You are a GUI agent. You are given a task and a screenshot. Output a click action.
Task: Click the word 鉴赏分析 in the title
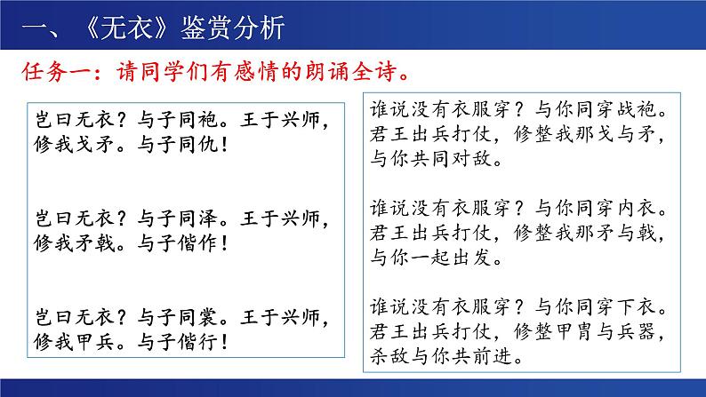pos(232,28)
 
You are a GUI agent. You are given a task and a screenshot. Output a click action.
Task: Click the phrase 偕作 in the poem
pos(198,243)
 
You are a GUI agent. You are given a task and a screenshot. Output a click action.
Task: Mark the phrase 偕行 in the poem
pos(198,342)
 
